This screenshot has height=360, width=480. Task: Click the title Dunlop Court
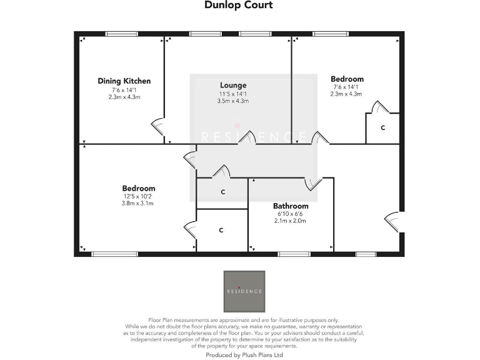(239, 6)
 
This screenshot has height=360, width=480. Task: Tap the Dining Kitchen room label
(124, 81)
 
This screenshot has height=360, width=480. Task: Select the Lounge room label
(233, 85)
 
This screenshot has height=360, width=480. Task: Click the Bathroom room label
(291, 206)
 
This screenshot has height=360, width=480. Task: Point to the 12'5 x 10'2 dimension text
(138, 196)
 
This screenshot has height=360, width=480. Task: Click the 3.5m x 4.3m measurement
(233, 101)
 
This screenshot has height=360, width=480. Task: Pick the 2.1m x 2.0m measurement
(291, 221)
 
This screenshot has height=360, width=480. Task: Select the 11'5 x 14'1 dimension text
(233, 94)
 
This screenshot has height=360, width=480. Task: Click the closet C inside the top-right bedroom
(383, 128)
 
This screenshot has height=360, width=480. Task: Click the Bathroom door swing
(312, 182)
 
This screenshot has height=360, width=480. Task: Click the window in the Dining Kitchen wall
(121, 34)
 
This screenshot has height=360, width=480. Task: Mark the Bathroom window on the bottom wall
(291, 254)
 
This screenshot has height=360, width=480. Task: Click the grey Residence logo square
(244, 291)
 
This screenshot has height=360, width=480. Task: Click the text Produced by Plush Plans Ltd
(244, 354)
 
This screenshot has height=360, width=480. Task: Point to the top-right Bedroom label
(347, 79)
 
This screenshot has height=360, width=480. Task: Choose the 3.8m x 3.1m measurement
(138, 203)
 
